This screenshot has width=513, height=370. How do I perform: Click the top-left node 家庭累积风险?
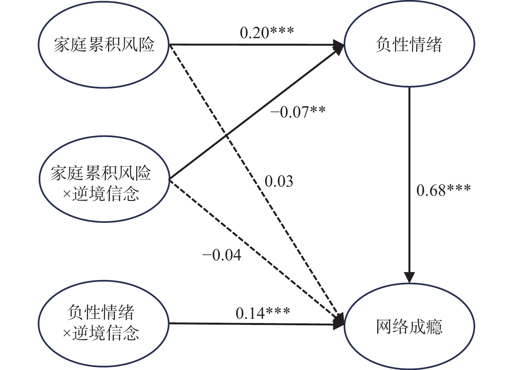tap(104, 45)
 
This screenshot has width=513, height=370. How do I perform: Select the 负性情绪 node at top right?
tap(409, 45)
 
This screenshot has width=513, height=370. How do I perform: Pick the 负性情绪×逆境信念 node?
tap(104, 323)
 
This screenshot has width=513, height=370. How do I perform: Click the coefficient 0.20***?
tap(267, 32)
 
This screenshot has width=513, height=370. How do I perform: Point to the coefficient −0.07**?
tap(298, 112)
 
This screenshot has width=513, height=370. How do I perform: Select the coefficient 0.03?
tap(279, 181)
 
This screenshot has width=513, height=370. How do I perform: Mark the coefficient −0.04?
tap(222, 255)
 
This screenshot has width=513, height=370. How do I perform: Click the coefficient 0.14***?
tap(263, 313)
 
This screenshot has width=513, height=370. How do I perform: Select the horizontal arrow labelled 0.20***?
tap(248, 45)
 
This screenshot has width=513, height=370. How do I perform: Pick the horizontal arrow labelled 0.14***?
tap(248, 324)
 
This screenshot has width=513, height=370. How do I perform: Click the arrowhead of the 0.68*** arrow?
tap(409, 277)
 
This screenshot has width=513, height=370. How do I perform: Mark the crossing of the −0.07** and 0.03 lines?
tap(226, 135)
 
